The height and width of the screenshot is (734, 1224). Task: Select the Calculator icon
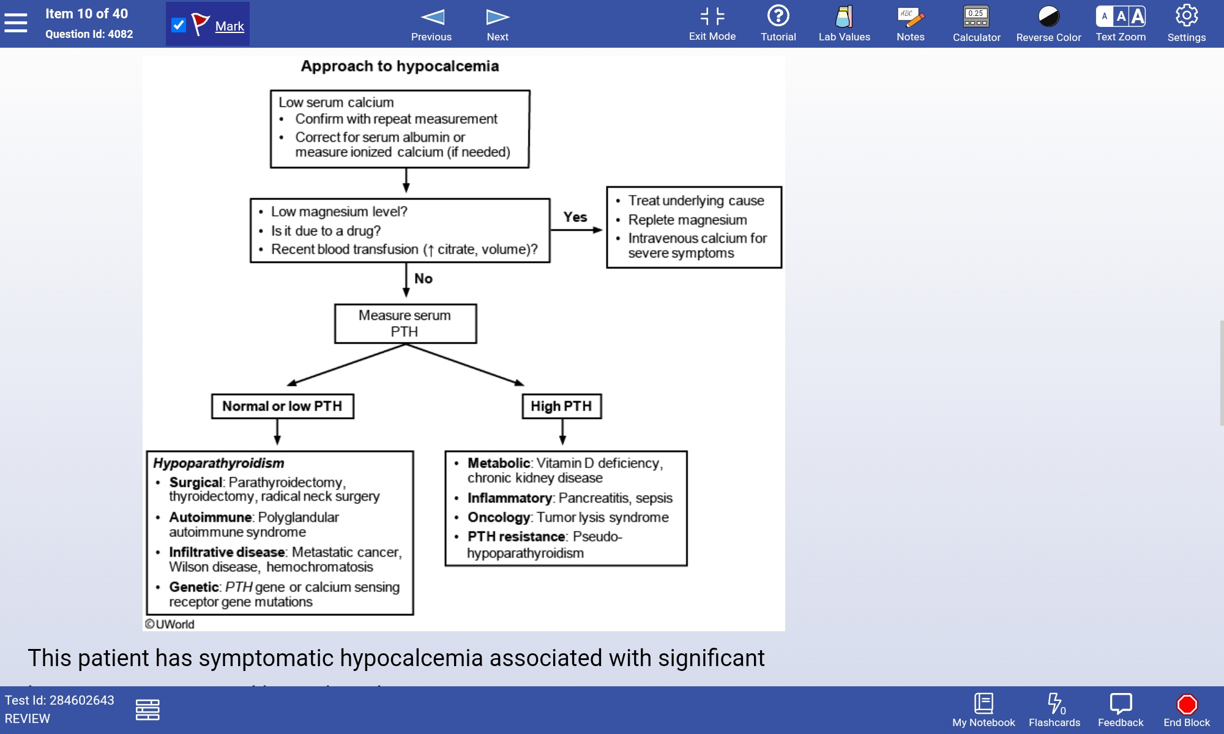(976, 17)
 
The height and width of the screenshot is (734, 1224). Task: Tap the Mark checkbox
(179, 25)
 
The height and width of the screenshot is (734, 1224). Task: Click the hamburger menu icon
(16, 23)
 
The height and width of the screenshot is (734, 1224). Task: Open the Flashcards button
(1054, 705)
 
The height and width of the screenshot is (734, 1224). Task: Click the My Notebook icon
(983, 705)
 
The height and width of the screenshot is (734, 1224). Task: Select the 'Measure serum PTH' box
(405, 324)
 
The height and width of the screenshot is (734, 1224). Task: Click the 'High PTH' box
(561, 406)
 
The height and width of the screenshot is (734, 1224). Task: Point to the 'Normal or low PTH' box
(282, 406)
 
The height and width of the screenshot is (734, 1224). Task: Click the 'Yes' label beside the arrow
(575, 217)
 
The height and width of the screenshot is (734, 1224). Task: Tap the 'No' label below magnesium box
(424, 278)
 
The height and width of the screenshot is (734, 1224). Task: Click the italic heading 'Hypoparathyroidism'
(218, 463)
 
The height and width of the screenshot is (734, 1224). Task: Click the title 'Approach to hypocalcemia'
(400, 66)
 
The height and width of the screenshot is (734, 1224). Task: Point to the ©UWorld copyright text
(170, 624)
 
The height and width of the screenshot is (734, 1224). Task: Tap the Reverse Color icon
(1048, 17)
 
